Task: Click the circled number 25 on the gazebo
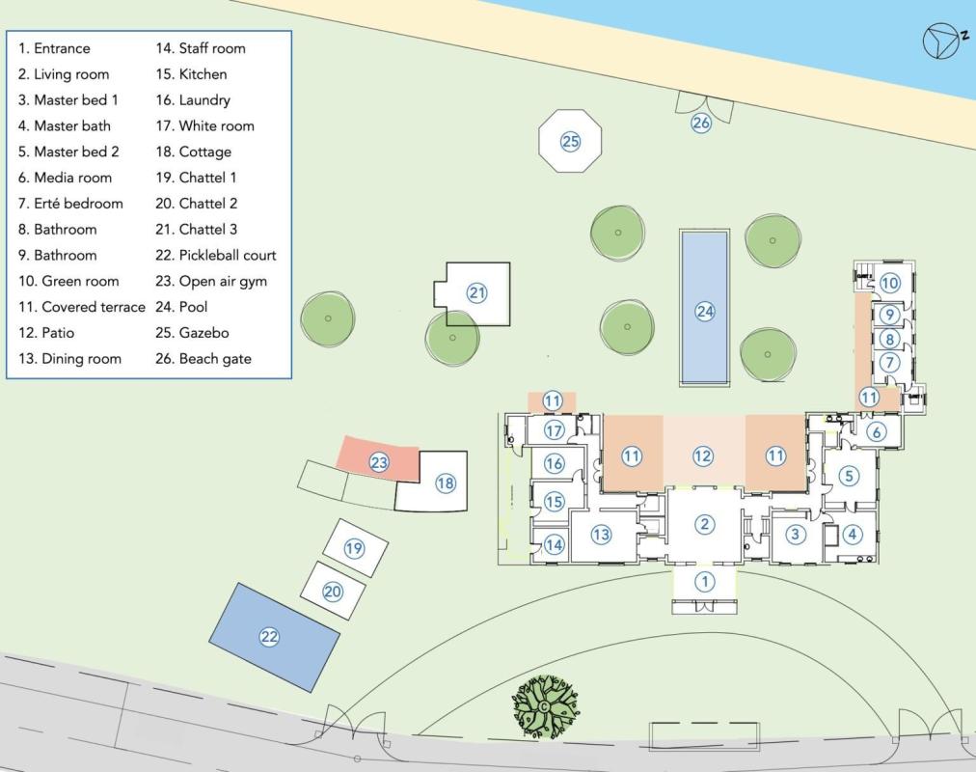570,141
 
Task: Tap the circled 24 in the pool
705,311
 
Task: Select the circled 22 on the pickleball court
269,636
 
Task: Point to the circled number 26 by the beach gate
701,123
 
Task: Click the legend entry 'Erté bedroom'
70,204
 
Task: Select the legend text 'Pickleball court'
215,256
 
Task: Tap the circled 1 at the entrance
705,582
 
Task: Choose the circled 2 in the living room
705,524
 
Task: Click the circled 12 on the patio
703,455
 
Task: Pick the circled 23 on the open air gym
379,462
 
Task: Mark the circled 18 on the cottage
446,482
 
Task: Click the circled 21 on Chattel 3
476,292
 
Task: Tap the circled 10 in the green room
889,283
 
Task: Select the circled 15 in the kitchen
554,501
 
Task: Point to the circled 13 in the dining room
601,535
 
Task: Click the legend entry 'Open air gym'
211,282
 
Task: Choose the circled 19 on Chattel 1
354,548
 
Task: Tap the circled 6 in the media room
877,431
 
